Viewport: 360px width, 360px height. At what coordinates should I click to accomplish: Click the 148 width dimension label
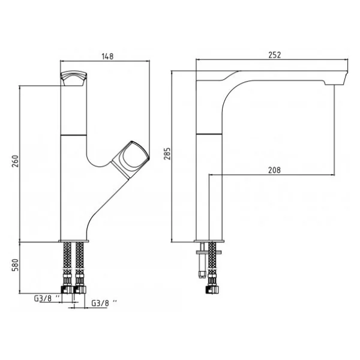107,56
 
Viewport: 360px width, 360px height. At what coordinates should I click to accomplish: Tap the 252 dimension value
275,55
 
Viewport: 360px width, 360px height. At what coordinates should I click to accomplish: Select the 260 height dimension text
16,161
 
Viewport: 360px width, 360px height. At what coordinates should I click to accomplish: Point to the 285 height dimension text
167,154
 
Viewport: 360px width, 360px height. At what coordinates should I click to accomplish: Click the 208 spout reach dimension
274,170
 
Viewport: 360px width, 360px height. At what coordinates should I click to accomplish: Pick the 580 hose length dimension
15,265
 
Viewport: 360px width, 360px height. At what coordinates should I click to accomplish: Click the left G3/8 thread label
47,298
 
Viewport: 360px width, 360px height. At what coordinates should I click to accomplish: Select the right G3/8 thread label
104,303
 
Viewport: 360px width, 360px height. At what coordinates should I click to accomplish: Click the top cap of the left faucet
73,78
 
